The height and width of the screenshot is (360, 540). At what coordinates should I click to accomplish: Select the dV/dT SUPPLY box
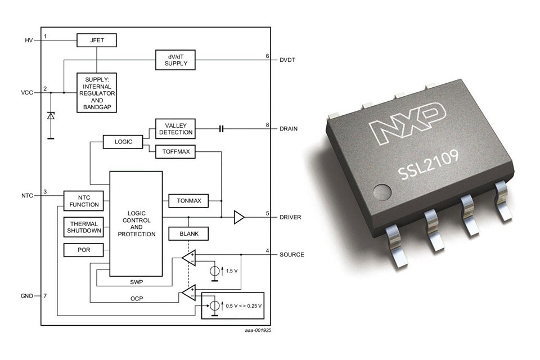coord(175,59)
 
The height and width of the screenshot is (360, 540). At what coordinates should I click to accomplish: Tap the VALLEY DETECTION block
coord(175,129)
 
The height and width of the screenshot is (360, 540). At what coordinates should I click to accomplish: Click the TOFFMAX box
coord(175,151)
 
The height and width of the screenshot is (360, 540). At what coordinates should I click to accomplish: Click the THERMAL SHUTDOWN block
coord(83,226)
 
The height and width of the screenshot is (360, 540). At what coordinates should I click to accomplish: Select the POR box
coord(83,249)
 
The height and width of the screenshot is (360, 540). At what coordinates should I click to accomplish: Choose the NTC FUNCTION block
coord(83,200)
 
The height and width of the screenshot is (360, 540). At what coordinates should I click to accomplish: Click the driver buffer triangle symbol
coord(239,217)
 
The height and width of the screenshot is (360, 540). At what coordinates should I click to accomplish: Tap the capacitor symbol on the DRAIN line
coord(221,129)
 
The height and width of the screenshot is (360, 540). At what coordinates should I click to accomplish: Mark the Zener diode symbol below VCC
coord(51,116)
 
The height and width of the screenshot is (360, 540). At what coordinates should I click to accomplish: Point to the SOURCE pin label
coord(291,255)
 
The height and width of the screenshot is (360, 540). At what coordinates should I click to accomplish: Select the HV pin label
coord(29,40)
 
